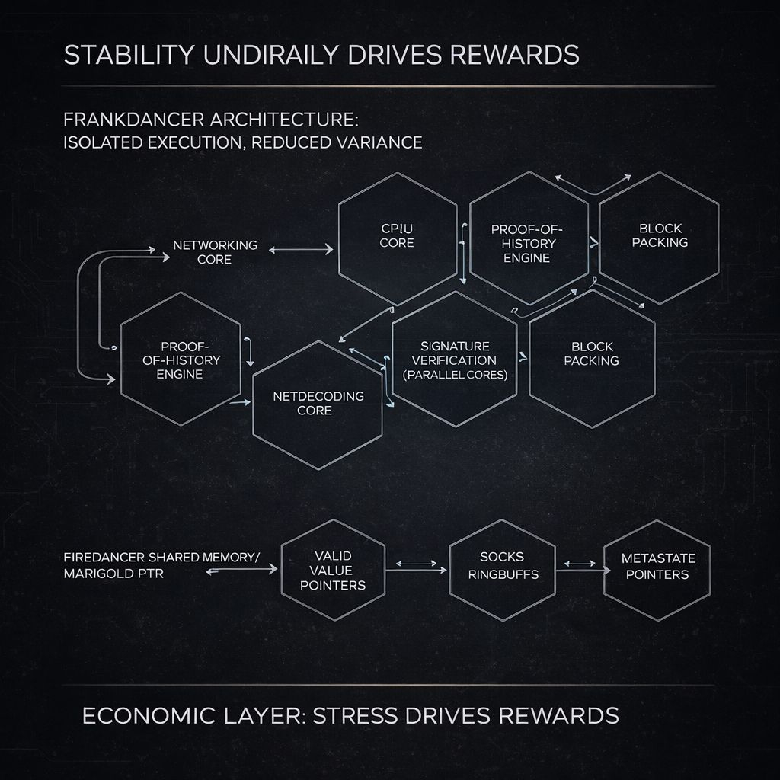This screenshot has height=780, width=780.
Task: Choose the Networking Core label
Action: coord(215,252)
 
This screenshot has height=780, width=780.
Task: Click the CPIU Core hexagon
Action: coord(397,236)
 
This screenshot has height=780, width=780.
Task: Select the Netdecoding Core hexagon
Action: coord(318,404)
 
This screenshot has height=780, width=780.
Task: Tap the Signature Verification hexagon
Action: coord(455,359)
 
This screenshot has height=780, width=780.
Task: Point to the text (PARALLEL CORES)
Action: coord(455,375)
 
